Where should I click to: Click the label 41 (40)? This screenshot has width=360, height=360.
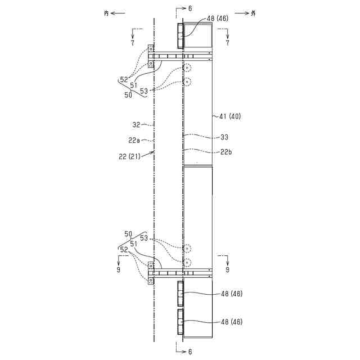click(x=230, y=116)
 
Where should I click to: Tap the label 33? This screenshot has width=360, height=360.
click(x=224, y=137)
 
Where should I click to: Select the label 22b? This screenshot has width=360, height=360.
click(x=226, y=152)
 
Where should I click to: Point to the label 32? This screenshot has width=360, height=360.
click(x=136, y=125)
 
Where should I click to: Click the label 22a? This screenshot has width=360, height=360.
click(x=134, y=140)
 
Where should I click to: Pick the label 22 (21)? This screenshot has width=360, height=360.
click(x=129, y=156)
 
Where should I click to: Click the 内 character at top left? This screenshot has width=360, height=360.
click(x=106, y=13)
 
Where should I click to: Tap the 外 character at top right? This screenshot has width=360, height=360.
click(x=253, y=13)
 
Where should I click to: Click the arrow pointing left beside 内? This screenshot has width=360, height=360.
click(x=118, y=13)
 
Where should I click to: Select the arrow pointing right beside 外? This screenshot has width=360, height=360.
click(x=242, y=13)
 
